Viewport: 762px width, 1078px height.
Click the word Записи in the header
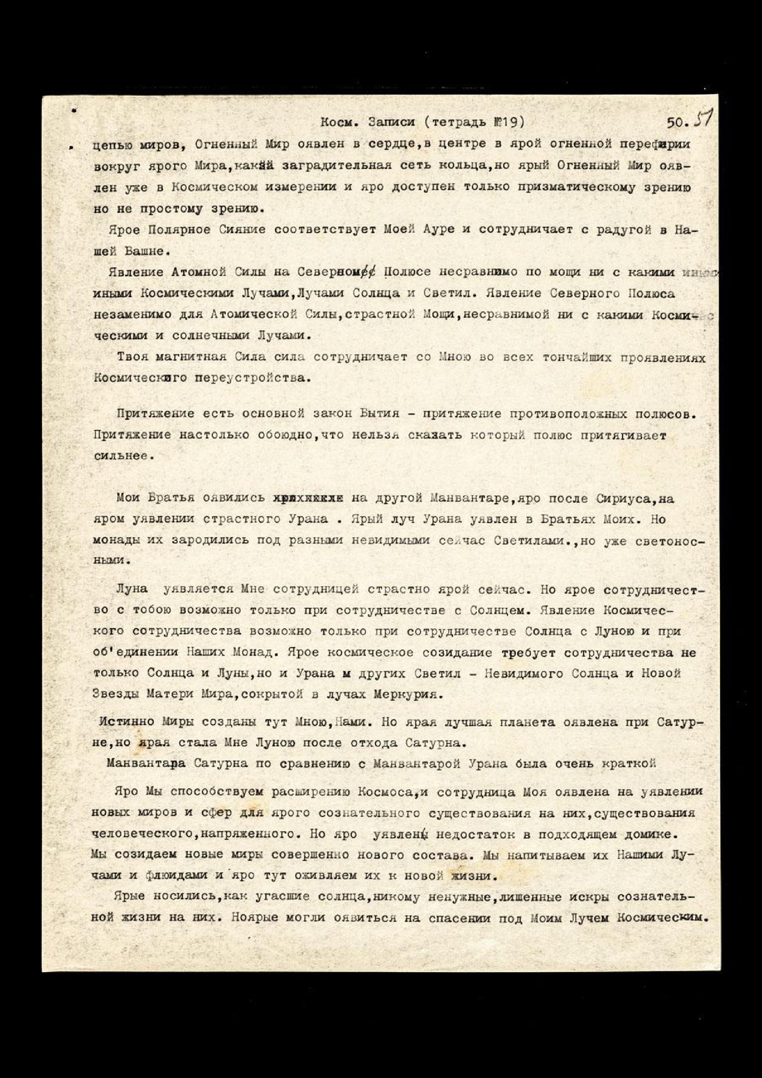392,123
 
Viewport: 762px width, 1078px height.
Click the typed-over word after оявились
308,499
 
